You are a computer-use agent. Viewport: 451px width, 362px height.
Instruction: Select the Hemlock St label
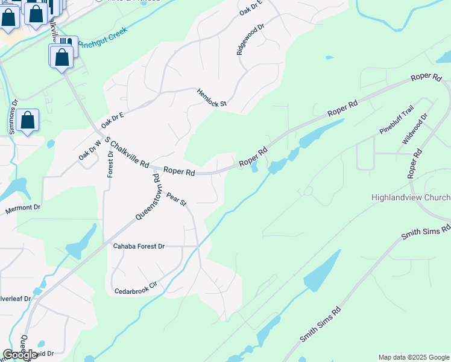point(211,98)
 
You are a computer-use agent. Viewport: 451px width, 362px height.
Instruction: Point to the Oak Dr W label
point(88,148)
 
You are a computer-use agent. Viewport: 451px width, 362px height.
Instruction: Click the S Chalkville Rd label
point(127,152)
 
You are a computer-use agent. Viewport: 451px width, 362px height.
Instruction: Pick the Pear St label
point(177,198)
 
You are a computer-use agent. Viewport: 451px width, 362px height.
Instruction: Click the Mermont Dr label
point(22,208)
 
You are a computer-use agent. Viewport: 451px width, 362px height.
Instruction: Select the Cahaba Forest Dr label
point(139,246)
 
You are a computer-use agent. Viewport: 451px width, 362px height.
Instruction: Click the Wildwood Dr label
point(415,129)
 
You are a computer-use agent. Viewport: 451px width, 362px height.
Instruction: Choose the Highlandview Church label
point(411,198)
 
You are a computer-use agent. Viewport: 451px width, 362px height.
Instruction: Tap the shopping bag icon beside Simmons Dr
point(28,120)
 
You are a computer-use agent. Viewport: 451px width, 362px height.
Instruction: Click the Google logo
point(19,355)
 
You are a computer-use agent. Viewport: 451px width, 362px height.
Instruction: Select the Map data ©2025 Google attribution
point(413,357)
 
